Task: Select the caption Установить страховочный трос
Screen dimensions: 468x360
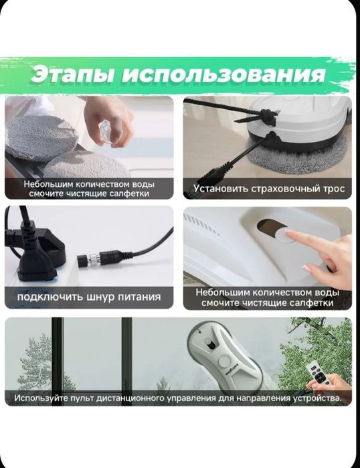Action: [x=269, y=189]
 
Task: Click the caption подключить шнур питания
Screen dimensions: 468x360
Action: [x=89, y=297]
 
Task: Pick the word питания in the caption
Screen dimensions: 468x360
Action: [x=136, y=297]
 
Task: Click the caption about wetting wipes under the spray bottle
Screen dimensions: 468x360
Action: [x=89, y=188]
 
